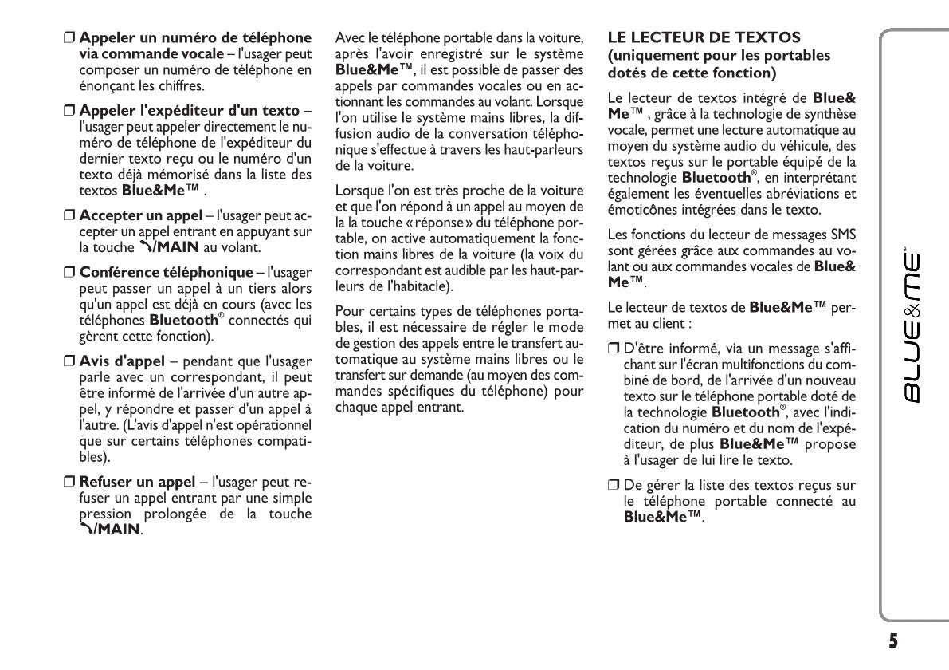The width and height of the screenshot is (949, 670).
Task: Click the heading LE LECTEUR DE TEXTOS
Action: point(704,37)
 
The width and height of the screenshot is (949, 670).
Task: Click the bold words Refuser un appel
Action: point(137,482)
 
